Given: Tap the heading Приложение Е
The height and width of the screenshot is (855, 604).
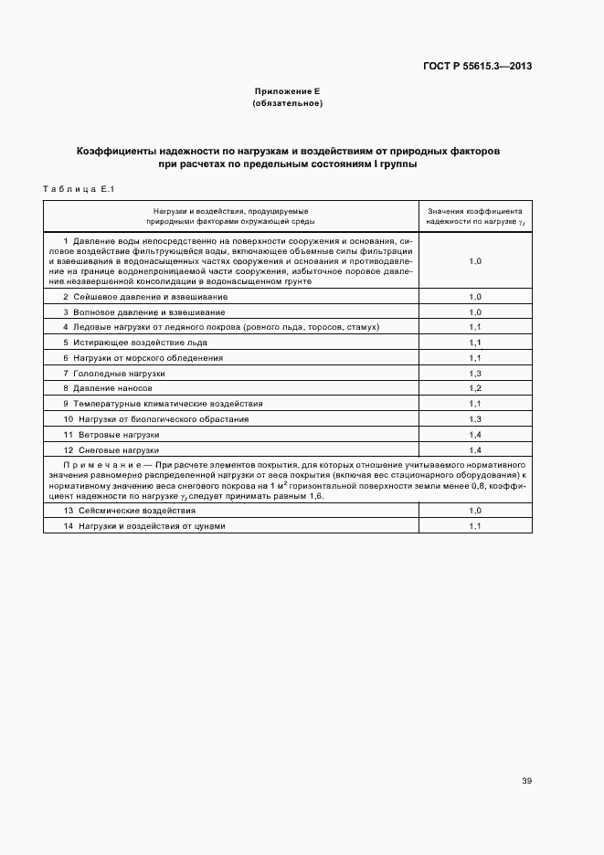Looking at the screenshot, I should [x=286, y=92].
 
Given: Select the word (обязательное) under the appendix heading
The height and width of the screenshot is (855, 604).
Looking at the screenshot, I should [x=286, y=103].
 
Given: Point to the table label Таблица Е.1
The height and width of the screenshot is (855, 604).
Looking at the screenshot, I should [x=77, y=188].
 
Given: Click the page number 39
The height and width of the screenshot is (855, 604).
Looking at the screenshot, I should [x=526, y=781].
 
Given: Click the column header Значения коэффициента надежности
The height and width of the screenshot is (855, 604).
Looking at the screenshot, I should [x=474, y=215].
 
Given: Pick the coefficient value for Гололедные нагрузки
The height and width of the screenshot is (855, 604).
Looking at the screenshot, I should [x=474, y=374].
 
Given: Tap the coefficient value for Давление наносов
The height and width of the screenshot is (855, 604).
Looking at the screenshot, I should [x=474, y=388].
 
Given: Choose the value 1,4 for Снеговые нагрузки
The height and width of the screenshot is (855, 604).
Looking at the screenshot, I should [x=474, y=450].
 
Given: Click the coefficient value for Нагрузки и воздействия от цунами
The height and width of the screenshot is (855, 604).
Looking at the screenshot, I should [x=474, y=526].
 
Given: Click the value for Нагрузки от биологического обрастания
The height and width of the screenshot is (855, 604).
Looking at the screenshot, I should [x=474, y=419].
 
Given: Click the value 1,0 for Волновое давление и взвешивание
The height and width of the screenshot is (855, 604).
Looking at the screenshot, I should [x=474, y=312].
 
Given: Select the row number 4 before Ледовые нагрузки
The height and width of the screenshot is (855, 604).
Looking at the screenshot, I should [x=66, y=327].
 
